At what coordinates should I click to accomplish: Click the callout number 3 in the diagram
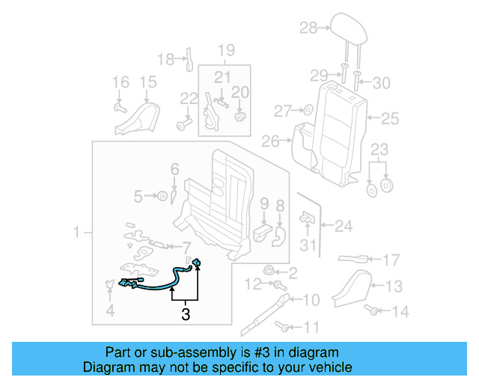coord(185,315)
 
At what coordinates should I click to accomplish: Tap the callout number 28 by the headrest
coord(308,28)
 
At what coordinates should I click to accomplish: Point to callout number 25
coord(391,118)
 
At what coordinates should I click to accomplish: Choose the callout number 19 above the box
coord(226,51)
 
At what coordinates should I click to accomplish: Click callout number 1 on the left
coord(77,234)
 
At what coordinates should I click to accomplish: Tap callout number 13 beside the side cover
coord(394,285)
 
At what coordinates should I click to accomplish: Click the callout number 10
coord(311,300)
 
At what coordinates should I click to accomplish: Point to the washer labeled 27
coord(307,111)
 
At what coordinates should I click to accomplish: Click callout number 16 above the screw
coord(120,82)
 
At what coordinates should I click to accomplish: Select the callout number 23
coord(380,148)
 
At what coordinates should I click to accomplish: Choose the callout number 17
coord(392,261)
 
